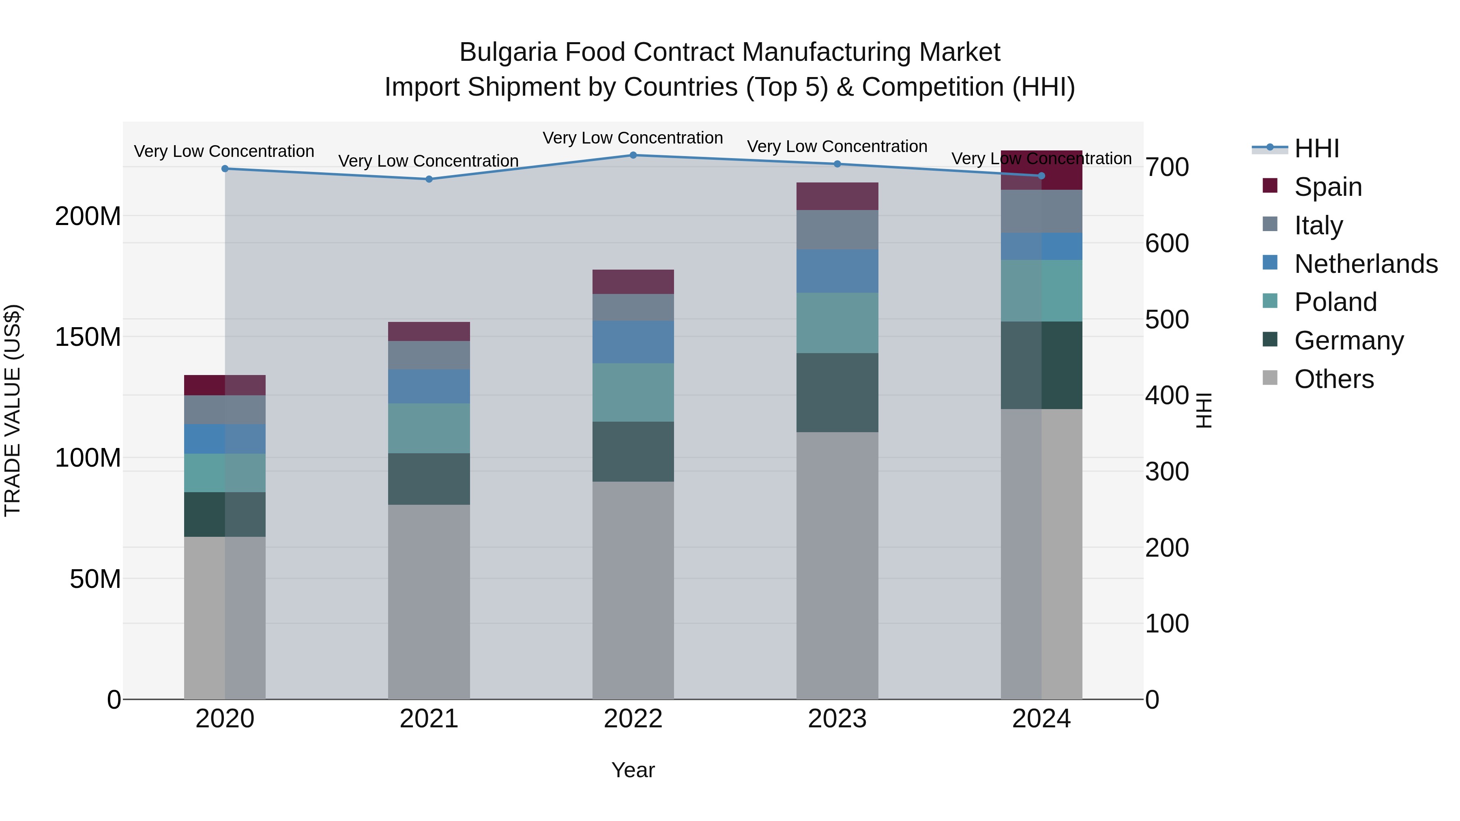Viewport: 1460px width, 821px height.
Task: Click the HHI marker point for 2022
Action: click(633, 155)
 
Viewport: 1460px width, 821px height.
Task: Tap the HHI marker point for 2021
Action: click(429, 179)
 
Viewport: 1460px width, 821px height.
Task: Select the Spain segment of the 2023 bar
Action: click(837, 196)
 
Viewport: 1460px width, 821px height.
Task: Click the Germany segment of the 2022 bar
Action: click(633, 452)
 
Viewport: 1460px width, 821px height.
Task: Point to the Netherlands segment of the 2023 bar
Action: click(837, 271)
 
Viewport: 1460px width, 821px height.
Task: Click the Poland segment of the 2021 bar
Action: click(429, 429)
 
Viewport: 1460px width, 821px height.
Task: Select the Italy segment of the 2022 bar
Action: click(633, 307)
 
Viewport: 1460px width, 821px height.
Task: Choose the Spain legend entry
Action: click(1328, 186)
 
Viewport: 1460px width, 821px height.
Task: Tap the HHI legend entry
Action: click(1316, 148)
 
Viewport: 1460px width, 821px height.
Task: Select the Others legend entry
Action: click(1333, 379)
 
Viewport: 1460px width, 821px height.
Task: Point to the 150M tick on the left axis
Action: click(88, 337)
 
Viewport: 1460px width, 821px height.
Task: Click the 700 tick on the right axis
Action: click(1166, 168)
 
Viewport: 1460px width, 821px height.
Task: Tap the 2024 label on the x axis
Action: click(1041, 719)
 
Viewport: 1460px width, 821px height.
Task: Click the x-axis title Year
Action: click(633, 770)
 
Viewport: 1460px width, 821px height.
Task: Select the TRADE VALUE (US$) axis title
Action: click(13, 410)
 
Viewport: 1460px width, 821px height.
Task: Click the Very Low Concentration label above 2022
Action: click(633, 138)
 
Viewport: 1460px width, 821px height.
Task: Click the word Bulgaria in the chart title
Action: click(508, 52)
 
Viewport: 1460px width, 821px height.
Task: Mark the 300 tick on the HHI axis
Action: click(1166, 472)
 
